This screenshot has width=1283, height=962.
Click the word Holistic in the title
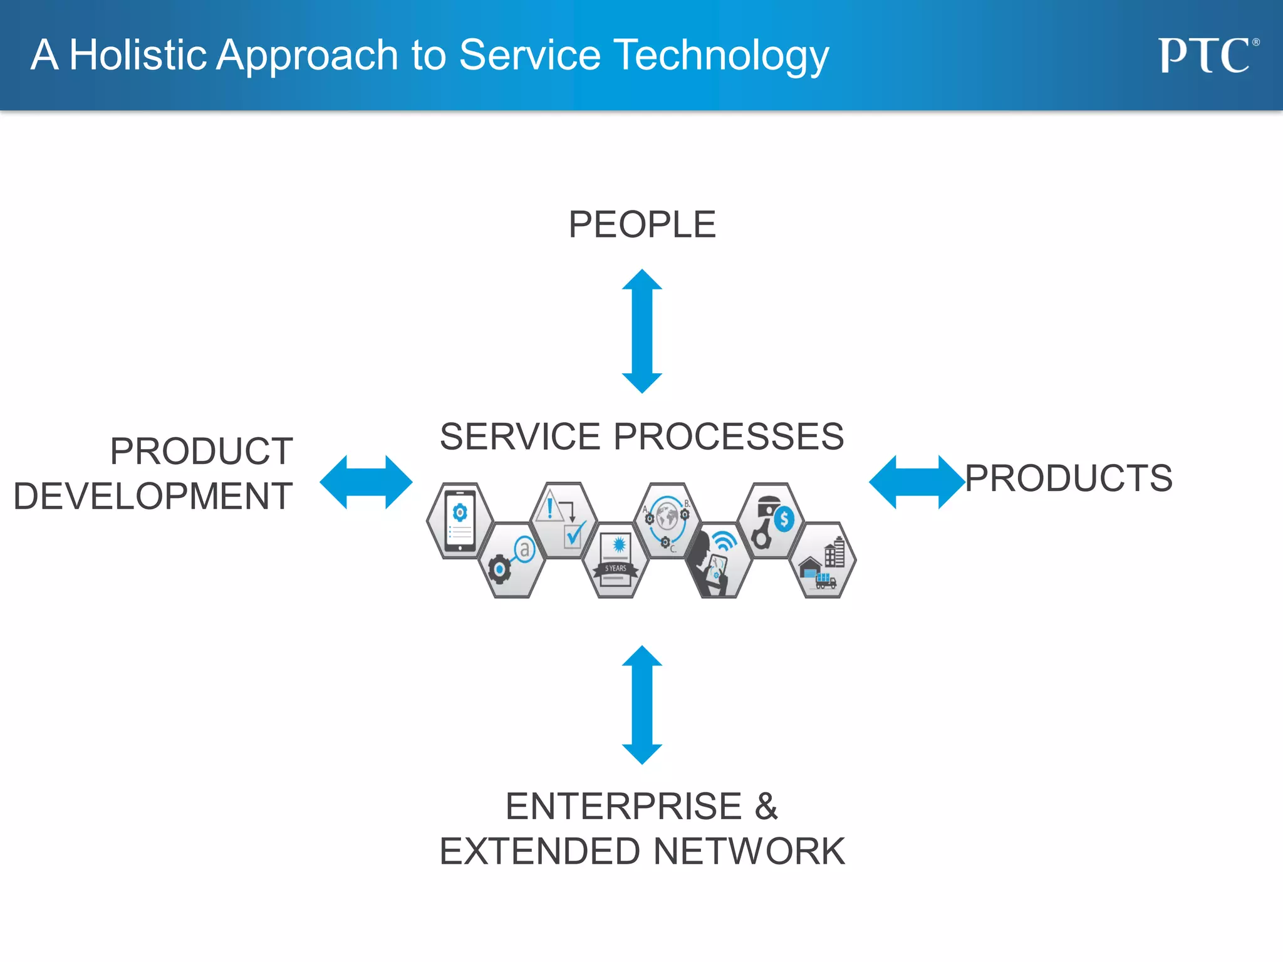[x=138, y=55]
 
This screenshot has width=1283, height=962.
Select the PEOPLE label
[x=641, y=224]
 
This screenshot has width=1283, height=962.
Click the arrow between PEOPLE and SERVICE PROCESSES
[x=641, y=331]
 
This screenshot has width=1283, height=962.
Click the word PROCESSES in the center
[x=728, y=437]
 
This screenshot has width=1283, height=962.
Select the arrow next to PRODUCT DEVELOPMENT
[x=366, y=482]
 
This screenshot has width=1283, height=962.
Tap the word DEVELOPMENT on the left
[x=153, y=496]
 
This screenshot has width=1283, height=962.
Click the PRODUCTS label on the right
[x=1068, y=478]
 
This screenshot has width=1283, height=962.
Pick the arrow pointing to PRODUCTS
[x=916, y=482]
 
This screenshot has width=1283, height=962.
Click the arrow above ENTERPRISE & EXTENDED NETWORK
[x=641, y=705]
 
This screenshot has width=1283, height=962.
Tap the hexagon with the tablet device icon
[x=460, y=521]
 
